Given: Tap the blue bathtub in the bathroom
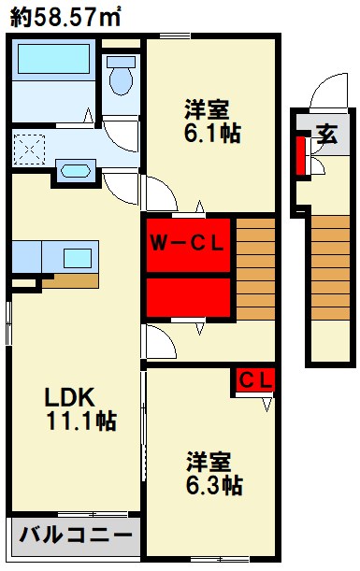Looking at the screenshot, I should pos(52,62).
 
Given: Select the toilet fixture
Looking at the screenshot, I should pos(120,75).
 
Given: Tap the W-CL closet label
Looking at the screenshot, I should pos(188,245).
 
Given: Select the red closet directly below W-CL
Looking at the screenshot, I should pos(188,298).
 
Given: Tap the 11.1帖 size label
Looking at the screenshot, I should pos(82,421).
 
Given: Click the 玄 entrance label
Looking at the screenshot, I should pos(326,133).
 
